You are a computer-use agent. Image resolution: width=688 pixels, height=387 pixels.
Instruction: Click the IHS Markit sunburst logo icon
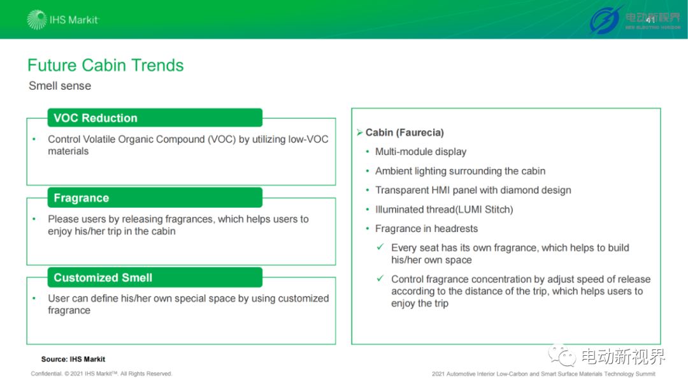click(36, 19)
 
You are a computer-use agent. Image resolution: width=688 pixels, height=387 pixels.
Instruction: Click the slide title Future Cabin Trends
click(105, 65)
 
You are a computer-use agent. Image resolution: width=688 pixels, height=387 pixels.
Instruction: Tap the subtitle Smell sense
click(60, 85)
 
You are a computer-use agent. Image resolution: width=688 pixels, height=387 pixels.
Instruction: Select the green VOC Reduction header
click(155, 118)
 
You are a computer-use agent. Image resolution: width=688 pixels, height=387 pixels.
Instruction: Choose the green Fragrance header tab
click(155, 198)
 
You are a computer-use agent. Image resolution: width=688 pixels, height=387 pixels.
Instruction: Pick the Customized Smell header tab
click(155, 277)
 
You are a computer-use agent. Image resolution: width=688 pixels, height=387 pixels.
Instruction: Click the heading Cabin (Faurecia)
click(405, 133)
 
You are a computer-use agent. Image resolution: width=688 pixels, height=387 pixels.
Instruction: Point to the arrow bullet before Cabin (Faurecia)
click(360, 132)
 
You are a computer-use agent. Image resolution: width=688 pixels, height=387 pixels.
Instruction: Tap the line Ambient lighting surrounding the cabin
click(461, 171)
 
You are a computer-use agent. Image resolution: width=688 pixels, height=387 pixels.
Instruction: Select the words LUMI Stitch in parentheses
click(485, 210)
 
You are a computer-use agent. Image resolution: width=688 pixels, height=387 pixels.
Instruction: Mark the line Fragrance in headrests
click(426, 228)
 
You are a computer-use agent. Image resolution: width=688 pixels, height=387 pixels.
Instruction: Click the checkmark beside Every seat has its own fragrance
click(380, 247)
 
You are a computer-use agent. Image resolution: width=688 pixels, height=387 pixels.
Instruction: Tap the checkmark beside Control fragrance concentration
click(380, 278)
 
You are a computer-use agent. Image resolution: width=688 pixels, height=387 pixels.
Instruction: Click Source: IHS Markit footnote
click(73, 360)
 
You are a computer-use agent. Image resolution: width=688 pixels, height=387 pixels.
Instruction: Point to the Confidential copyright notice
click(101, 374)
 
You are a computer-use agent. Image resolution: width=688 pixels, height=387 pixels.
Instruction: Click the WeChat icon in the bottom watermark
click(562, 355)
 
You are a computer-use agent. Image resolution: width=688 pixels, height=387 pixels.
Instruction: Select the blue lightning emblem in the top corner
click(606, 20)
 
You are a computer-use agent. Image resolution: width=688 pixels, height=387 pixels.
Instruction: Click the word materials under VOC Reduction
click(68, 151)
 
